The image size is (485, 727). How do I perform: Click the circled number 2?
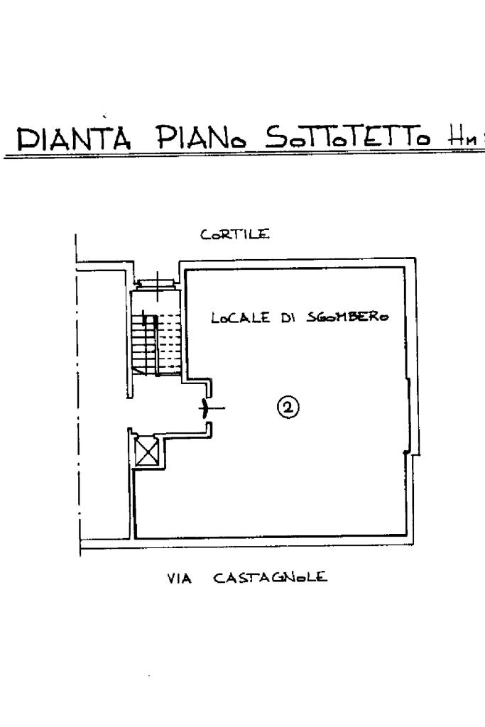tap(288, 407)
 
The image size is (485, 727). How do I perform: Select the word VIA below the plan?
tap(180, 578)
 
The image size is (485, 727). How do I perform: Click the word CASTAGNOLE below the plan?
tap(271, 578)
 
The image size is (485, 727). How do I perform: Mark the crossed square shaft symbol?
tap(147, 452)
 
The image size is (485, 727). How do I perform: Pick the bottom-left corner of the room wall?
tap(133, 538)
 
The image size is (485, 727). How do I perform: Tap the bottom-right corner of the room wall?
tap(410, 538)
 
